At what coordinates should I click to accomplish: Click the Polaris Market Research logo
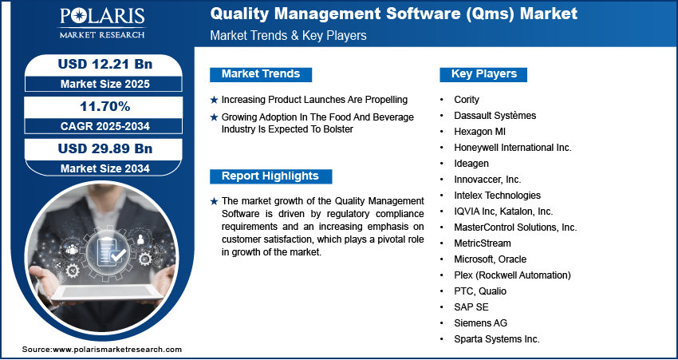click(102, 23)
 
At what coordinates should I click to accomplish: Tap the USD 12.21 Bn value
click(105, 64)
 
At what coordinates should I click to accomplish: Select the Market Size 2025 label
click(105, 84)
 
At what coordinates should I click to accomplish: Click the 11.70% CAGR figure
click(105, 106)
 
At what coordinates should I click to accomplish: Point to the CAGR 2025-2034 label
click(105, 126)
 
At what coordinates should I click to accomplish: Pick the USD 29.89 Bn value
click(105, 148)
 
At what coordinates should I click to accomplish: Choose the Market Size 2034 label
click(105, 168)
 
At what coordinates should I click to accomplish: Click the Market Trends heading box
click(261, 74)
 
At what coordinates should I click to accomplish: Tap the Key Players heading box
click(483, 74)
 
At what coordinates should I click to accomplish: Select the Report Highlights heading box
click(270, 176)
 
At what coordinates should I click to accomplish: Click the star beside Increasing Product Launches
click(214, 100)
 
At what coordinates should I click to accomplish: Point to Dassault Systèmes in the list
click(495, 116)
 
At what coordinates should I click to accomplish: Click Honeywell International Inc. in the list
click(513, 148)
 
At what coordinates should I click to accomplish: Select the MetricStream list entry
click(482, 243)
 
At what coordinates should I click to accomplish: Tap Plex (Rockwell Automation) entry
click(512, 275)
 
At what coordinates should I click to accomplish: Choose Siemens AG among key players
click(480, 323)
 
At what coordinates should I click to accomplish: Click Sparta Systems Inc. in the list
click(497, 339)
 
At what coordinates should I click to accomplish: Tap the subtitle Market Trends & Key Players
click(288, 35)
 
